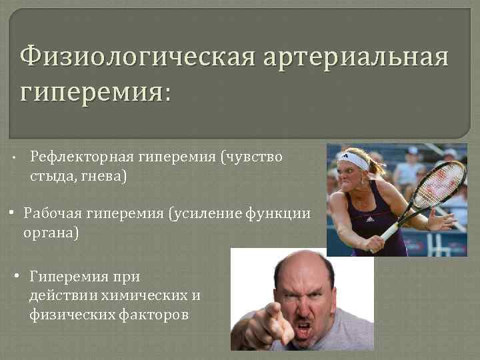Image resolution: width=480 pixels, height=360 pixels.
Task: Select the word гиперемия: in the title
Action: (95, 91)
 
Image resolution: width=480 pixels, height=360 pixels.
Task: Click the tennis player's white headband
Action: (354, 161)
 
